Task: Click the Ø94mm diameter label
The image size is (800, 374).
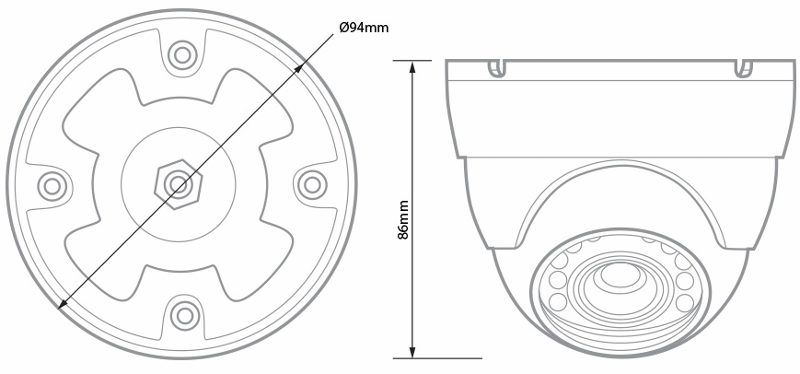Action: click(x=364, y=28)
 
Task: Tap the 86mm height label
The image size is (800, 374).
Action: click(x=403, y=219)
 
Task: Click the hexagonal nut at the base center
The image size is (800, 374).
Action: click(x=178, y=184)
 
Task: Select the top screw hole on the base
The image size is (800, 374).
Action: click(x=182, y=55)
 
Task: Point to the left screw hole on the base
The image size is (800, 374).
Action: click(x=52, y=185)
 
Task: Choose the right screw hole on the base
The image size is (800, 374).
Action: click(x=311, y=184)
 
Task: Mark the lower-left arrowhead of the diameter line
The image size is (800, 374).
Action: click(x=62, y=305)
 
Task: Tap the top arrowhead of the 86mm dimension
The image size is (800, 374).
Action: click(x=412, y=67)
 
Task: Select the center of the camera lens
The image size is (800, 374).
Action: click(x=620, y=275)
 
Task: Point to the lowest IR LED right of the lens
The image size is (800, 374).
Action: click(x=684, y=301)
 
